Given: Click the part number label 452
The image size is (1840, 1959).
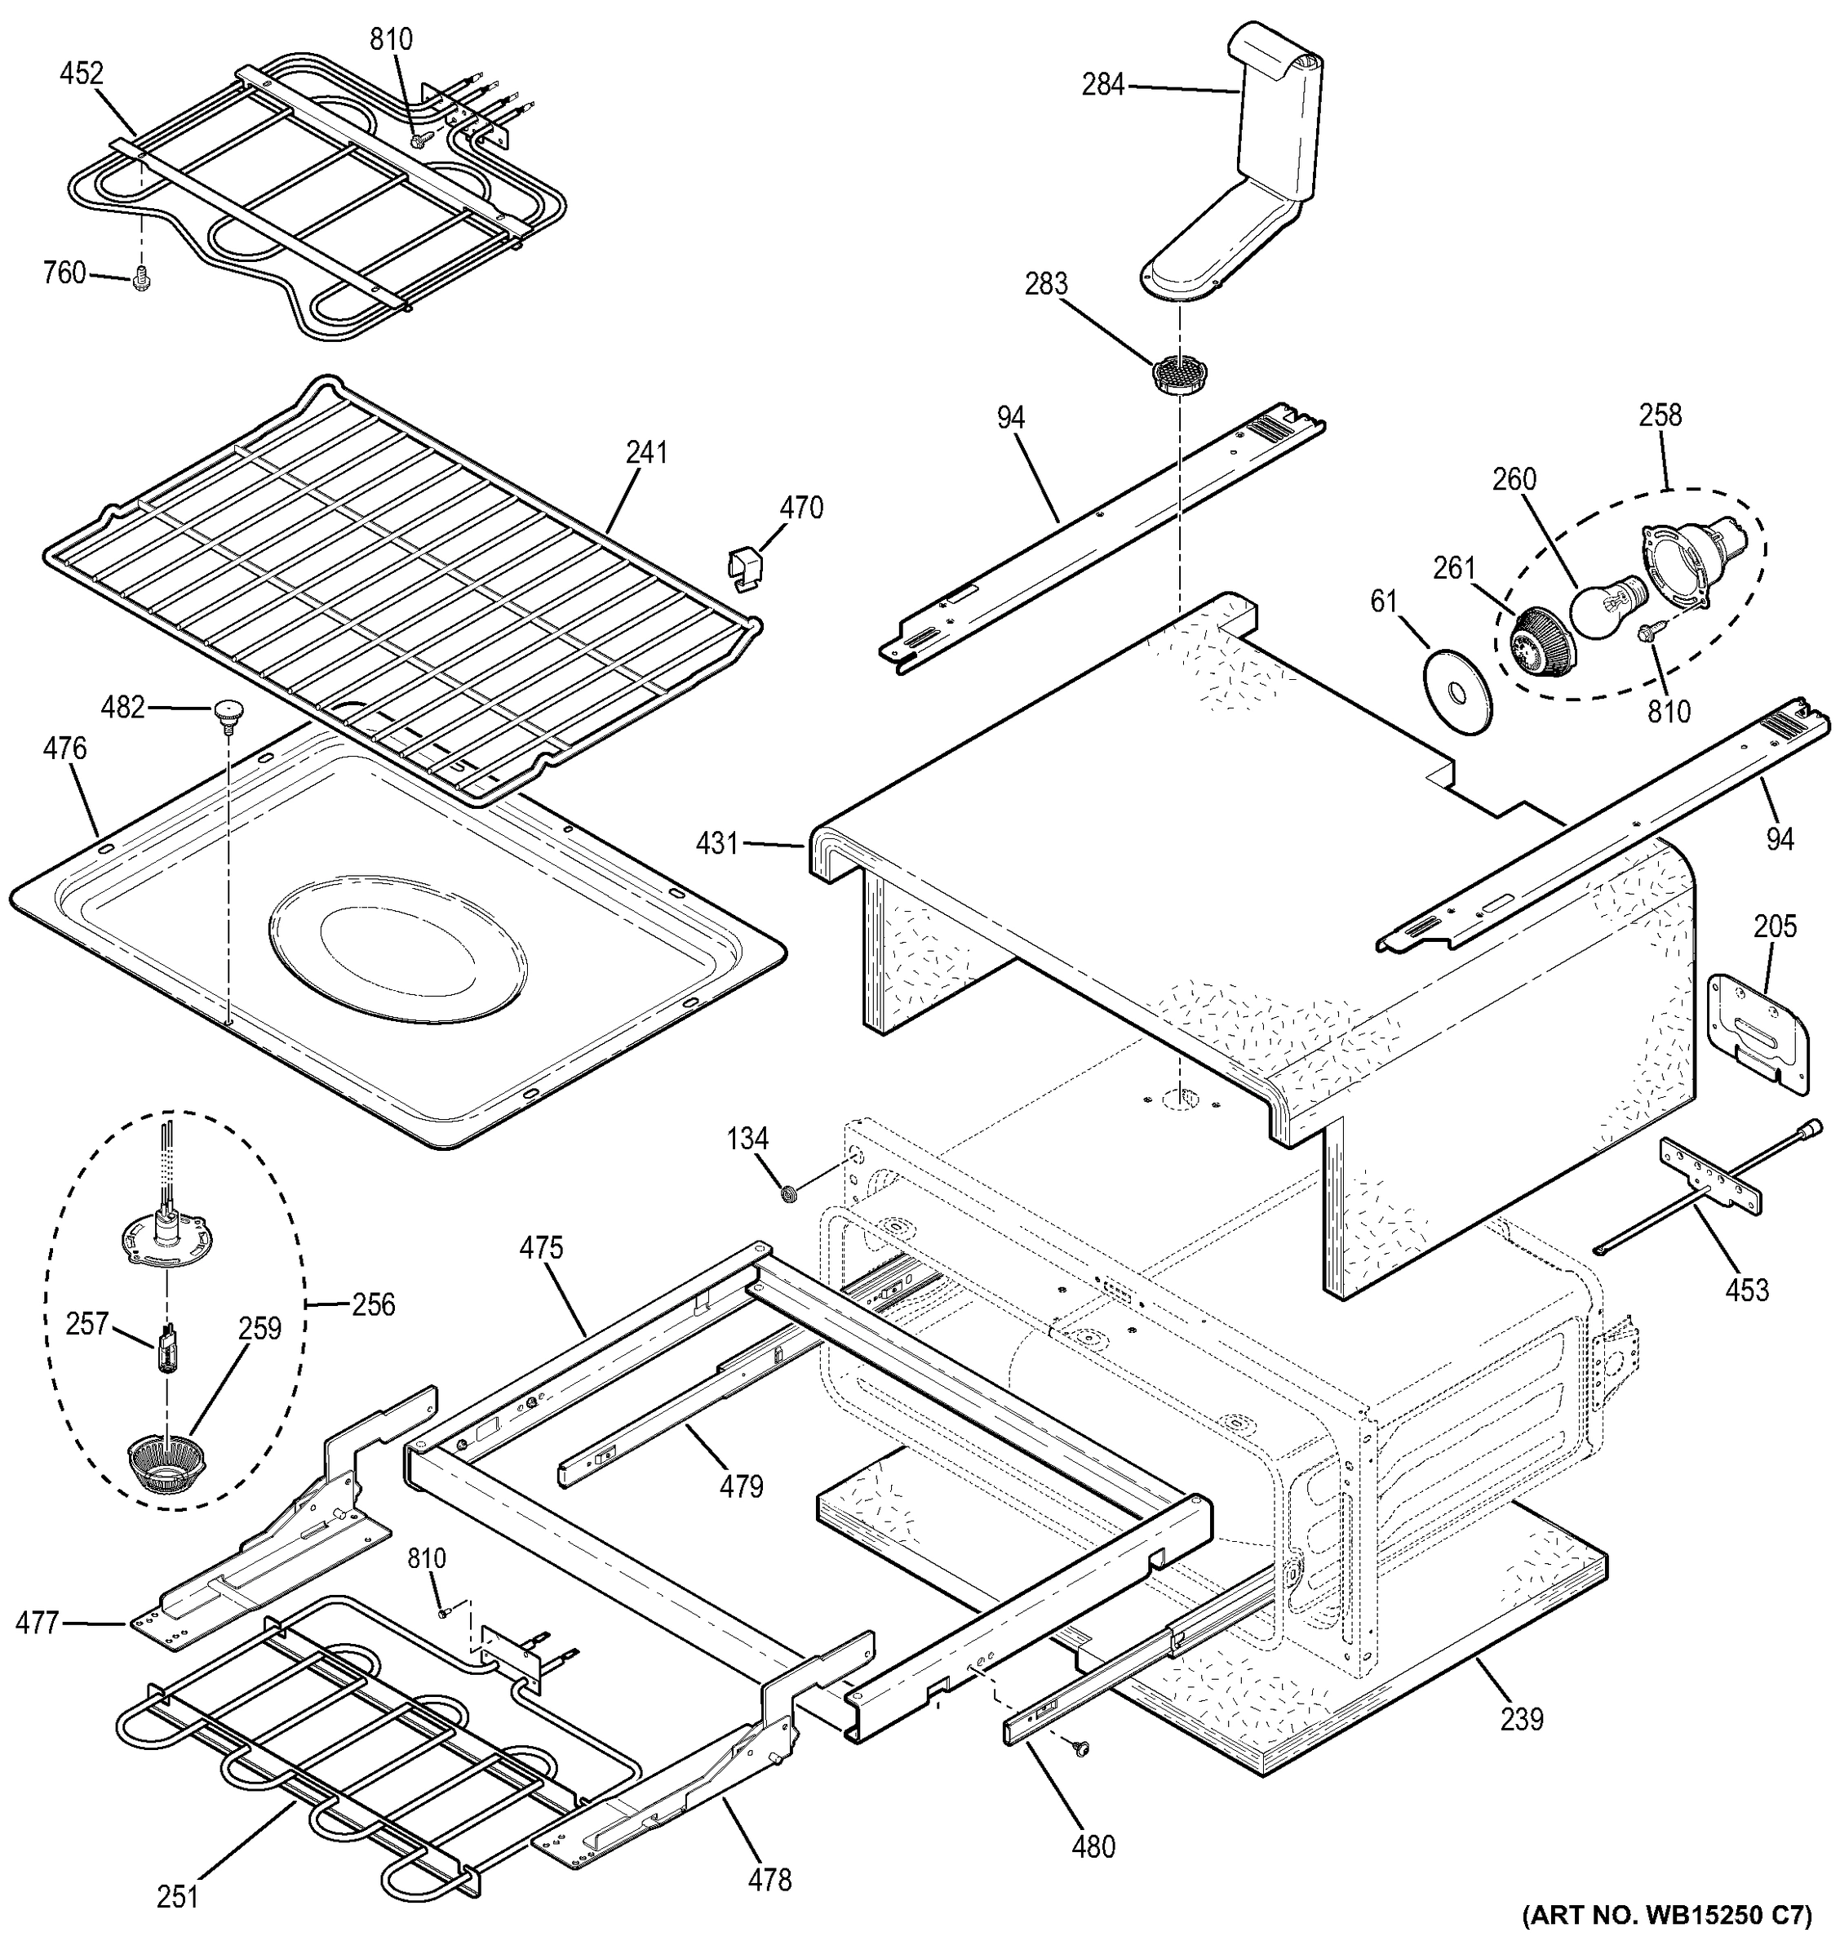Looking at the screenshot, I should tap(81, 74).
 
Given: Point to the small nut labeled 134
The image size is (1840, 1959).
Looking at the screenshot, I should tap(788, 1194).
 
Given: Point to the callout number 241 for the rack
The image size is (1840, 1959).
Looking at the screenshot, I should tap(646, 452).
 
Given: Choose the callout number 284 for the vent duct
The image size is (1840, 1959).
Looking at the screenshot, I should tap(1102, 85).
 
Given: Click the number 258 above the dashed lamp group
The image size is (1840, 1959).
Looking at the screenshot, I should tap(1660, 415).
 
